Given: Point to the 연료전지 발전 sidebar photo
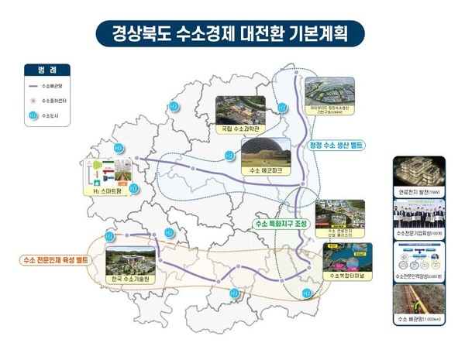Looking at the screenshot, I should (x=418, y=171).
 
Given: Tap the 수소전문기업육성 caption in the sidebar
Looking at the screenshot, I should (x=418, y=231).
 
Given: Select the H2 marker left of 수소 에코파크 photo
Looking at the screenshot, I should (x=229, y=156).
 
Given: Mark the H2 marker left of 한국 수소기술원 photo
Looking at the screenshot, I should (x=109, y=236).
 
